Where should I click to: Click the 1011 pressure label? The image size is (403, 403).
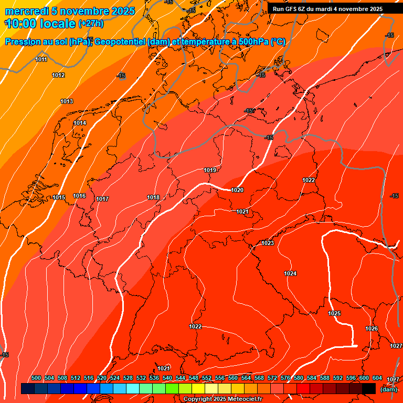point(41,59)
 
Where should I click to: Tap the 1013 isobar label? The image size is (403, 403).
point(67,101)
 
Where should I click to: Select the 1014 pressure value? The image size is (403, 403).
point(80,123)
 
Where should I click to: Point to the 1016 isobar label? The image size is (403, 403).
point(79,196)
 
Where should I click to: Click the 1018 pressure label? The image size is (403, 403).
point(153,197)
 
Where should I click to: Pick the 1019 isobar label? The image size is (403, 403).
point(210,170)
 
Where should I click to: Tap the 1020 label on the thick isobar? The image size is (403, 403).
point(237,190)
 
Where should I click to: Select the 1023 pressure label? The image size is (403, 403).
point(268,243)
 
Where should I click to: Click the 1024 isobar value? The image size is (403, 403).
point(290,273)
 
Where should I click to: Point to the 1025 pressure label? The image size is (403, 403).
point(334,313)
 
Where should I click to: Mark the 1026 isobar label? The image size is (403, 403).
point(372,328)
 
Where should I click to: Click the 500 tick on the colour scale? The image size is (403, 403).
point(36,378)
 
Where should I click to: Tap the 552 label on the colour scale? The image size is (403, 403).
point(207,378)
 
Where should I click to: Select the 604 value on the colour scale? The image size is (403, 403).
point(377,378)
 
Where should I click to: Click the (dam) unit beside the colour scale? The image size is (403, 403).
point(388,389)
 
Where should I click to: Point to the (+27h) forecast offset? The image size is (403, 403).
point(91,24)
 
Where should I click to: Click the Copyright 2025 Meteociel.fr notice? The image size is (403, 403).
point(223,399)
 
